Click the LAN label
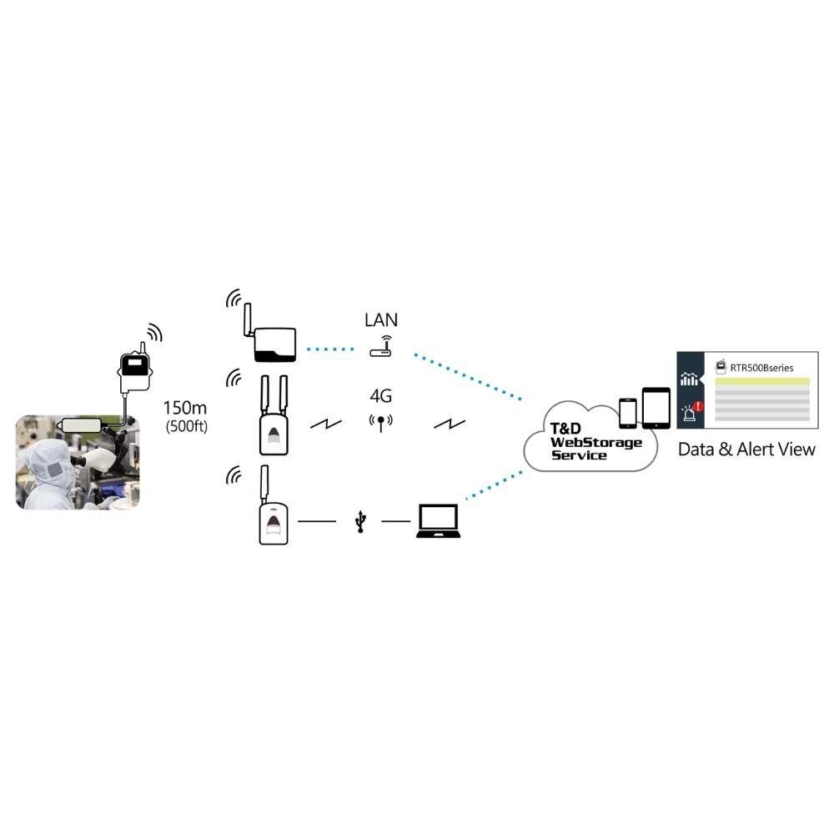(x=381, y=319)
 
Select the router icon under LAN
(x=381, y=348)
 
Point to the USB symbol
(x=360, y=522)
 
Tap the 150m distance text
(x=185, y=409)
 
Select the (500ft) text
(x=185, y=427)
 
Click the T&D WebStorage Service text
(x=595, y=441)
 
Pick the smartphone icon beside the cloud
(x=628, y=412)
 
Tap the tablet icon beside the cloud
(x=656, y=408)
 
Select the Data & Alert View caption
(x=746, y=450)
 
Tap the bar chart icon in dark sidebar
(x=689, y=379)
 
